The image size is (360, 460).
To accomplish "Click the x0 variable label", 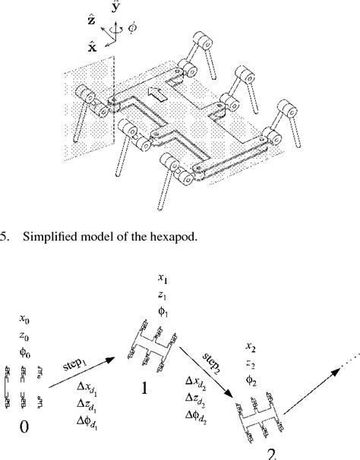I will pos(26,322).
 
